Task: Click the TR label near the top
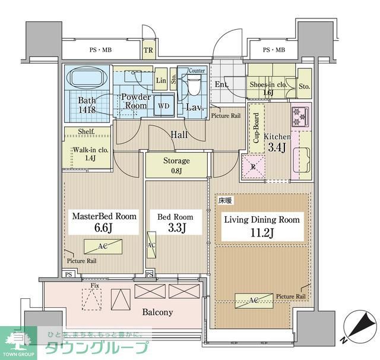pos(148,50)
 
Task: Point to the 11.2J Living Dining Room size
pos(261,232)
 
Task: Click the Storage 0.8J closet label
pos(176,164)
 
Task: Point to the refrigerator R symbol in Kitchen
pos(254,166)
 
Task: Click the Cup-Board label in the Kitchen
pos(256,129)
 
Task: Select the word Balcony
pos(157,312)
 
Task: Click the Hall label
pos(179,135)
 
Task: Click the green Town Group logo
pos(18,343)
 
